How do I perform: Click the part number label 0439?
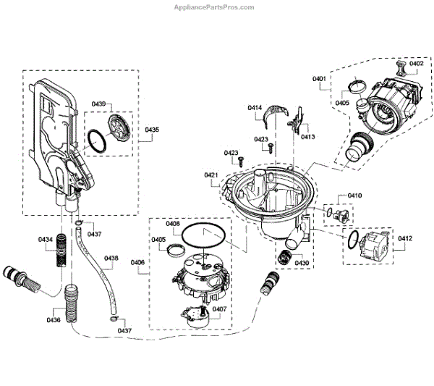(98, 104)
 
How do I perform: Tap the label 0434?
(46, 238)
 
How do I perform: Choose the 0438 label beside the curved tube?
(111, 258)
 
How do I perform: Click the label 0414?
(255, 108)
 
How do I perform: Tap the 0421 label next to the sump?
(211, 175)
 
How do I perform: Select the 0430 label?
(302, 262)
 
